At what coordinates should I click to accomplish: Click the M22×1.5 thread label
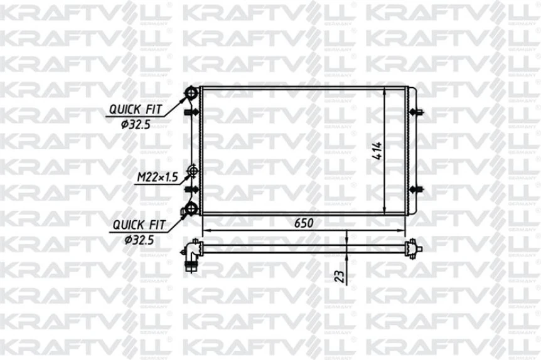[x=158, y=178]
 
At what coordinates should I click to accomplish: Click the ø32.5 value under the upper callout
[x=136, y=124]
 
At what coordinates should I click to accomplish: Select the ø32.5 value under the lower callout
[x=139, y=238]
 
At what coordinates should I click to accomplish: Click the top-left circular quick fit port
[x=190, y=94]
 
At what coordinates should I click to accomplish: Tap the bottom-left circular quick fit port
[x=190, y=209]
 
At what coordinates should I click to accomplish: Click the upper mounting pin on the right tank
[x=417, y=113]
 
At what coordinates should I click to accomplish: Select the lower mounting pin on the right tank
[x=417, y=190]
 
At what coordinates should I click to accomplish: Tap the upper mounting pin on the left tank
[x=190, y=113]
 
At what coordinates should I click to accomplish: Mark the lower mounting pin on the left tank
[x=190, y=190]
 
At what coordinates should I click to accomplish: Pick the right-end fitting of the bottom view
[x=412, y=250]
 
